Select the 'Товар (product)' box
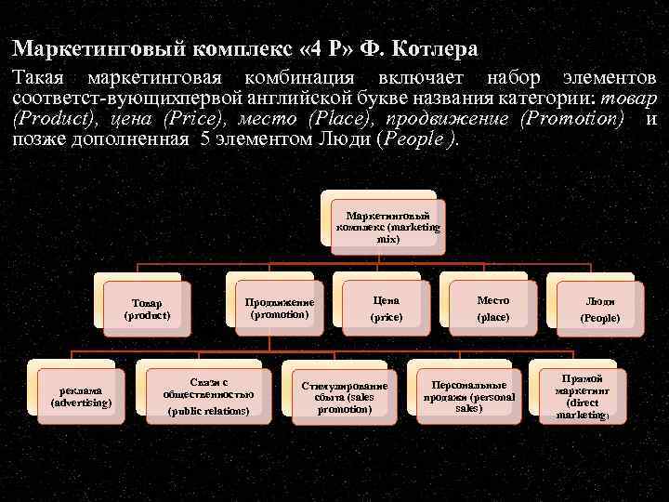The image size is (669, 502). tap(147, 310)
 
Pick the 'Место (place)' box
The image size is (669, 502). tap(493, 309)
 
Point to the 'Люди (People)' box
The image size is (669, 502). tap(599, 310)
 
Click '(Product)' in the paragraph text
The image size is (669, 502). tap(52, 119)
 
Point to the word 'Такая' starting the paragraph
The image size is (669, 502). tap(37, 78)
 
